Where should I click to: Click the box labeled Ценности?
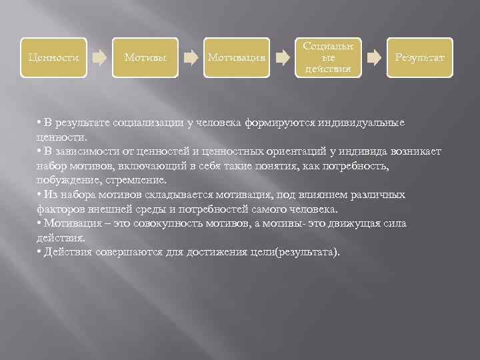(53, 57)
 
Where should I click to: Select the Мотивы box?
(145, 57)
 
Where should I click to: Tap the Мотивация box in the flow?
(237, 57)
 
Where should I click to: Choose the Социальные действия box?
(328, 57)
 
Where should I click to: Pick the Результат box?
(419, 57)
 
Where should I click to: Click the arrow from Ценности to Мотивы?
(99, 57)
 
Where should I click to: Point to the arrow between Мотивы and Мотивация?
(191, 57)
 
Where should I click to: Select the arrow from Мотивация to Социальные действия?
(283, 57)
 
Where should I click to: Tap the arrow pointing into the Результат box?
(374, 57)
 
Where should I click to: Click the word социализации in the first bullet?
(146, 123)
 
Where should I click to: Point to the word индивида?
(359, 152)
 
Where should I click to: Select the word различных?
(380, 195)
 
